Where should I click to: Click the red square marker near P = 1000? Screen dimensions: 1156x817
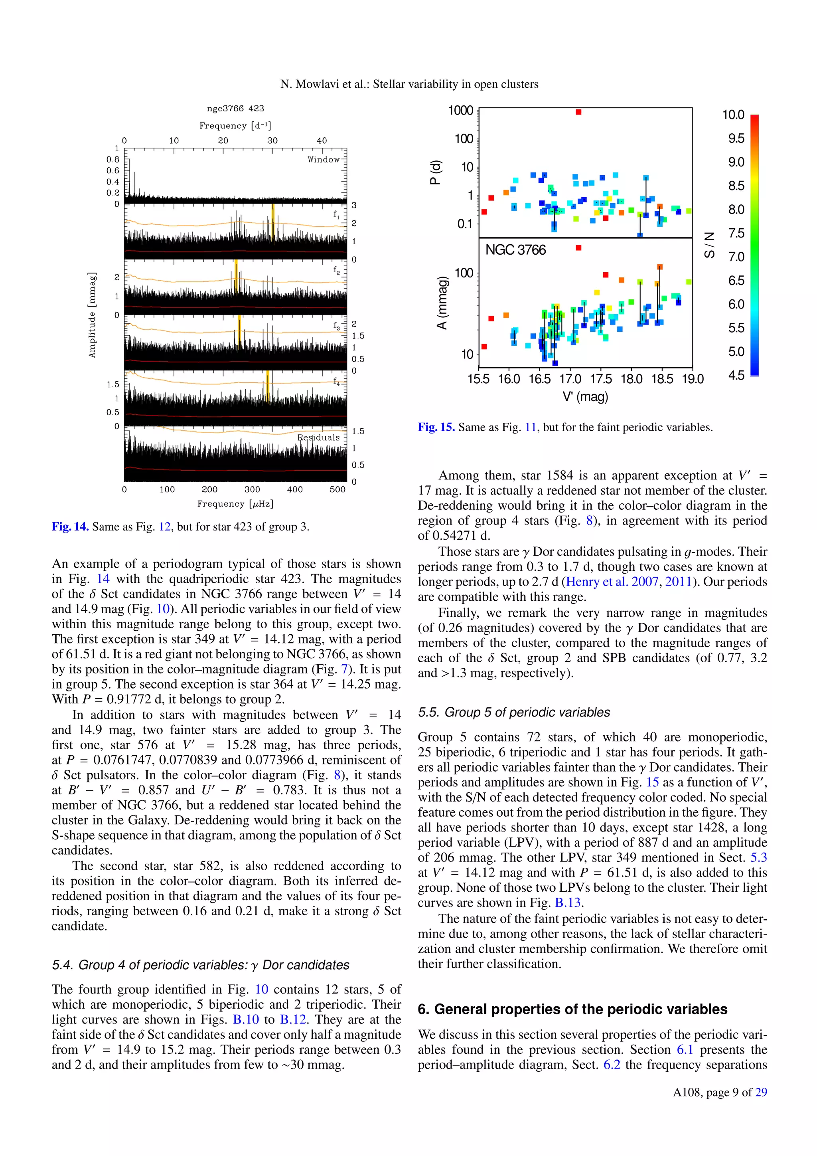[x=578, y=112]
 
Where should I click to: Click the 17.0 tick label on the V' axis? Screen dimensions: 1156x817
[x=570, y=379]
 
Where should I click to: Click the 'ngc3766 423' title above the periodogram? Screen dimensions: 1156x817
[x=235, y=108]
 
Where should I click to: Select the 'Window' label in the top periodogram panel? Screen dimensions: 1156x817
[x=324, y=160]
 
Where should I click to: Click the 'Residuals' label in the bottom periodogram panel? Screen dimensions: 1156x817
[x=318, y=437]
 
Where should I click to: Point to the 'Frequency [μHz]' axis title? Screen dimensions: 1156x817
[x=235, y=503]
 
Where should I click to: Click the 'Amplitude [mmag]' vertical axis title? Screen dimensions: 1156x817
[x=92, y=315]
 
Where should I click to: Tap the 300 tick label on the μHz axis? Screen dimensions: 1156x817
[x=252, y=489]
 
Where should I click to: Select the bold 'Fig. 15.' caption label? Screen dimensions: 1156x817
[x=436, y=428]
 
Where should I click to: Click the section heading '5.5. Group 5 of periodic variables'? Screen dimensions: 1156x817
[x=514, y=713]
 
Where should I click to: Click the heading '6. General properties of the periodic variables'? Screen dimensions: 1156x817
[x=572, y=1010]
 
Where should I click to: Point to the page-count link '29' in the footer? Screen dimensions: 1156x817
[x=761, y=1093]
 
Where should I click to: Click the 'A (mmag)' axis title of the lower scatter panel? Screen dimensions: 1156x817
[x=442, y=303]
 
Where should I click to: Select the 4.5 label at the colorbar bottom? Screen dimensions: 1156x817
[x=736, y=375]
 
